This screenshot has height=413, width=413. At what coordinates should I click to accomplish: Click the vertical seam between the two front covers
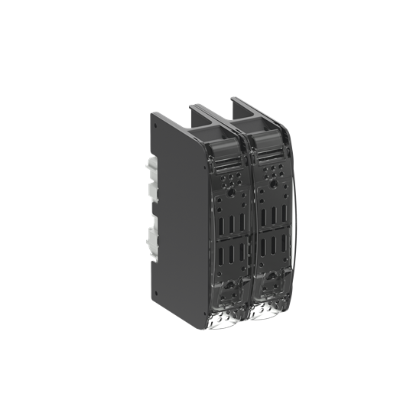249,229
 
